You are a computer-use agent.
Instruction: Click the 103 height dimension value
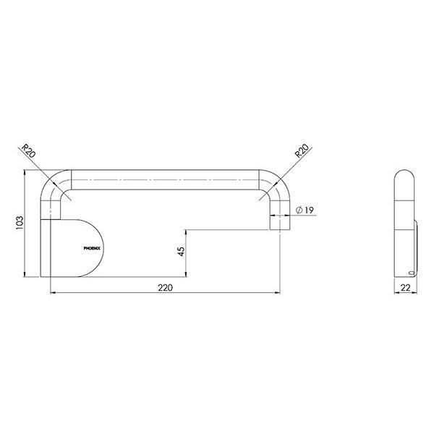(19, 224)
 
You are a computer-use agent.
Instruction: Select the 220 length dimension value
(165, 287)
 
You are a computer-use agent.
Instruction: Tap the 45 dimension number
(181, 251)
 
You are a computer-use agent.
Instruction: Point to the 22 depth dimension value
(406, 288)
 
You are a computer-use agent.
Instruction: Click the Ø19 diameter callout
(303, 210)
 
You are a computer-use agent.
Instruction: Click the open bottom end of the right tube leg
(278, 230)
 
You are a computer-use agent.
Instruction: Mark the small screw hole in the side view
(412, 273)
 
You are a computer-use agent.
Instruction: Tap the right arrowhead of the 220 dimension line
(278, 293)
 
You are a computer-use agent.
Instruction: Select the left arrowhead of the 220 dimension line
(52, 293)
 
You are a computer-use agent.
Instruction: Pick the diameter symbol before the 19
(298, 210)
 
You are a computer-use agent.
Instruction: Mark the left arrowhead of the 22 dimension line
(396, 293)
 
